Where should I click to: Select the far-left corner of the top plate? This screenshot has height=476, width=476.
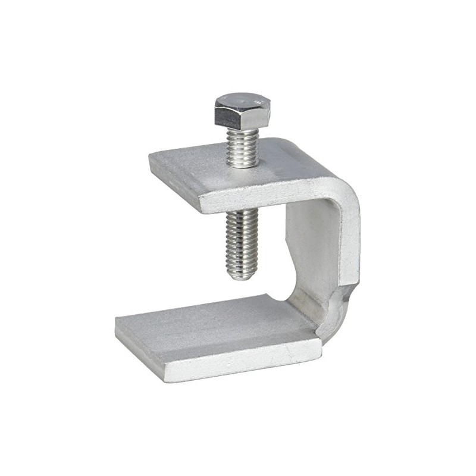tap(151, 157)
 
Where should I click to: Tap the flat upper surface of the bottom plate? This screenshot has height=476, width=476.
tap(214, 327)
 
